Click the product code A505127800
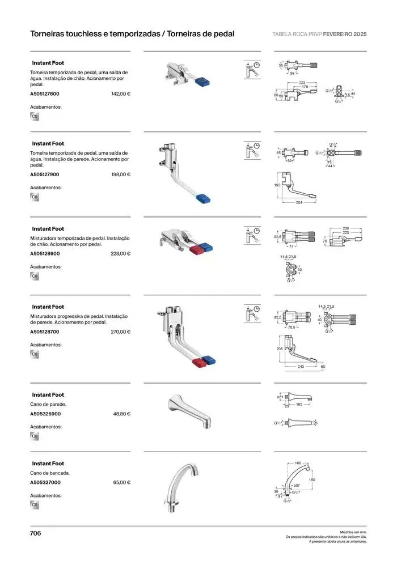pos(45,94)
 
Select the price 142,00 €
pos(121,94)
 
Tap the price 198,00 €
pos(121,175)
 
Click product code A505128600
pos(45,254)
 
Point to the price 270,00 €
pos(121,332)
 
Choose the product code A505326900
pos(45,414)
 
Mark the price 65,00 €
pos(122,483)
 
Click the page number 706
pos(36,533)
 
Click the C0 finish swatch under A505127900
pos(35,197)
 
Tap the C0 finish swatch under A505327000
pos(35,505)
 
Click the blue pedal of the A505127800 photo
pos(202,84)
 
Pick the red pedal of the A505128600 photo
pos(195,250)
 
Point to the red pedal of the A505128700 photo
pos(198,363)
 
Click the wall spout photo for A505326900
pos(190,411)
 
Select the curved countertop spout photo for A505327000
pos(183,487)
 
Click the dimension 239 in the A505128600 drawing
pos(345,228)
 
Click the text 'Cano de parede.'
pos(48,405)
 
